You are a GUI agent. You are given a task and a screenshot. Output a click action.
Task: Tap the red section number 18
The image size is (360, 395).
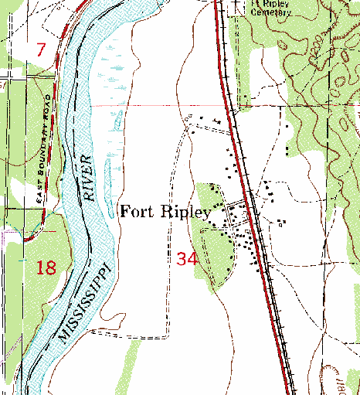click(46, 268)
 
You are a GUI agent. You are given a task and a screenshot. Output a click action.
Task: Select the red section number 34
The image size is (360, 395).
click(187, 259)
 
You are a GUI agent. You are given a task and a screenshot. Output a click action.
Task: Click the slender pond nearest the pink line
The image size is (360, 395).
click(118, 119)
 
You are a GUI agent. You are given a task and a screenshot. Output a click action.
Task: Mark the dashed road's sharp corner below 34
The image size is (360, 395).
click(165, 337)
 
